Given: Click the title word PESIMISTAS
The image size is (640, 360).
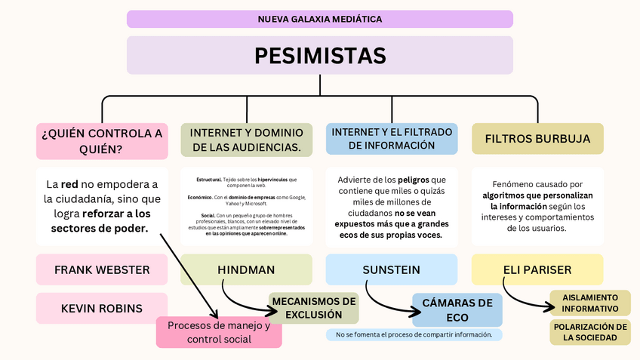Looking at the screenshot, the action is pos(320,56).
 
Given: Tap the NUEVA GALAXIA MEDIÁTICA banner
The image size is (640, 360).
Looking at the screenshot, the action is pos(320,19).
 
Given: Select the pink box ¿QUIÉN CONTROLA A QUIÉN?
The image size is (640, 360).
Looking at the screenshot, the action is pos(102,141).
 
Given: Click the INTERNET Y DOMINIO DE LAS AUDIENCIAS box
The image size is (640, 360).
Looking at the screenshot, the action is pos(246,140).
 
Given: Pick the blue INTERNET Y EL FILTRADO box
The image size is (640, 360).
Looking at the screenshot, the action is pos(392,139).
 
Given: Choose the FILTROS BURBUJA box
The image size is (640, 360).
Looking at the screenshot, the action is pos(537,140).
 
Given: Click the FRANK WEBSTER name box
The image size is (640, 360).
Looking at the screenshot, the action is pos(102,269).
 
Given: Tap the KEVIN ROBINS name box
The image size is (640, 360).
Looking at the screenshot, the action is pos(102,308).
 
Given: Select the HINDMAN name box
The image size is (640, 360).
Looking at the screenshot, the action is pos(246,269).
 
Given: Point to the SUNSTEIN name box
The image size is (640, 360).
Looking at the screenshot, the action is pos(391,269).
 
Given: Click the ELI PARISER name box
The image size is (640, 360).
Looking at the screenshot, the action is pos(537,269).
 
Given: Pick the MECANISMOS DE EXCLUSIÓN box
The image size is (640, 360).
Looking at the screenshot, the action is pos(313,308).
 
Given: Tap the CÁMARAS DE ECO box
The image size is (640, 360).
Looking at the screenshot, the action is pos(457,309).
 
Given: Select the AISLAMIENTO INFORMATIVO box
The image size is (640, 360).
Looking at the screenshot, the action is pos(590,303).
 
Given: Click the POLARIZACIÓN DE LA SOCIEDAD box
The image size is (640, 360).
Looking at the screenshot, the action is pos(590,332).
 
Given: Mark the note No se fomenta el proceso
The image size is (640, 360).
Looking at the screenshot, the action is pos(414,334).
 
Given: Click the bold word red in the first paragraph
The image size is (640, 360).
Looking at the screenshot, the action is pos(70,184).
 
